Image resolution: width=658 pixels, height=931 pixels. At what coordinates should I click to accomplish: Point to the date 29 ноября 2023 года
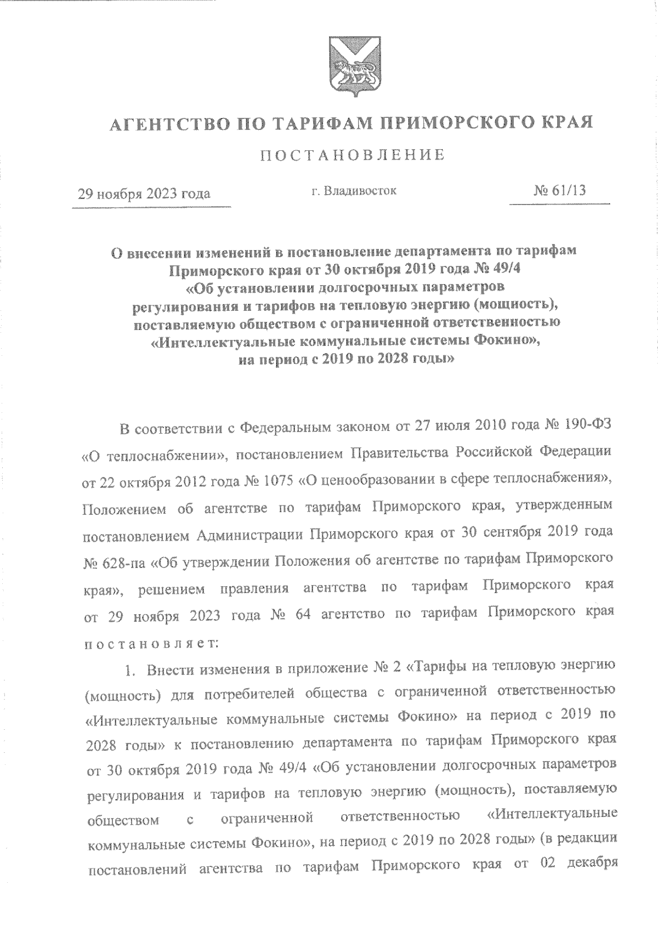click(144, 194)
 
